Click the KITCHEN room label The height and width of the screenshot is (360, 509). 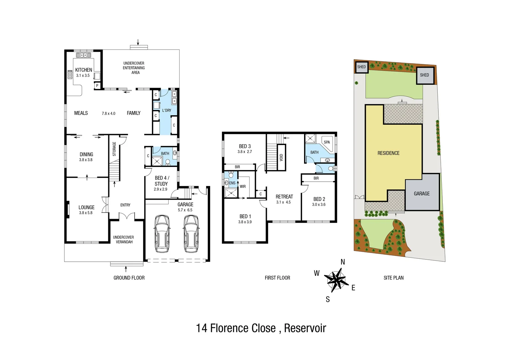coord(84,70)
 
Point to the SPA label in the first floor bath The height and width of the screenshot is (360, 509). coord(327,142)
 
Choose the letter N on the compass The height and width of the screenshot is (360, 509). coord(343,262)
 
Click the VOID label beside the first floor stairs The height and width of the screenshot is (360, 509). coord(281,157)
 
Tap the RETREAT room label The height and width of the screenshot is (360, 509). coord(284,197)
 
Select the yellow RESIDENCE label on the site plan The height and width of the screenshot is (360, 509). coord(388,153)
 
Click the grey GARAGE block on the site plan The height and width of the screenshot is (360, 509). coord(422,193)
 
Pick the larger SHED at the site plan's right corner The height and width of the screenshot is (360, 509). coord(424,75)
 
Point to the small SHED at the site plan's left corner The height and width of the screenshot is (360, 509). coord(361,67)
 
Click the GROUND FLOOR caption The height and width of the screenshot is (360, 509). coord(129,278)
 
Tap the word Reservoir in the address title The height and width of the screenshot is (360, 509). coord(305,328)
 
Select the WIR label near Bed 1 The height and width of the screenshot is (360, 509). coord(243,187)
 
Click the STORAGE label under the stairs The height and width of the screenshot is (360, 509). coord(114,149)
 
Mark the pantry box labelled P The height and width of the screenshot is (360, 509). coord(97,86)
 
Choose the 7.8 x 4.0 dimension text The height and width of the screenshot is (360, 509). coord(109,113)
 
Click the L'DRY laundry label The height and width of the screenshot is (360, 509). coord(167,110)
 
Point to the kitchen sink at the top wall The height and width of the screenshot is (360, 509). coord(84,55)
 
